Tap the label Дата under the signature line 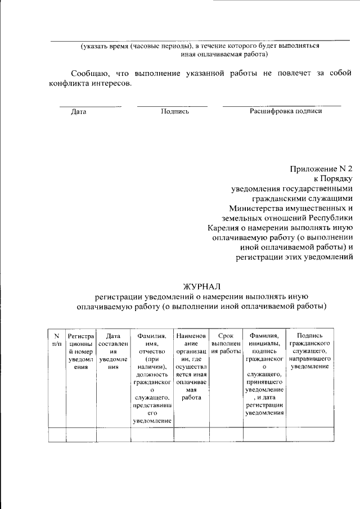[x=79, y=111]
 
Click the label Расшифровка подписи [x=285, y=111]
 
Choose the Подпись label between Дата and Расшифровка [x=174, y=111]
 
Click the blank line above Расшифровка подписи [x=281, y=105]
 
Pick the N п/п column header [x=56, y=339]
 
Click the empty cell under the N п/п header [x=56, y=435]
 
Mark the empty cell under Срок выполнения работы [x=225, y=435]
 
